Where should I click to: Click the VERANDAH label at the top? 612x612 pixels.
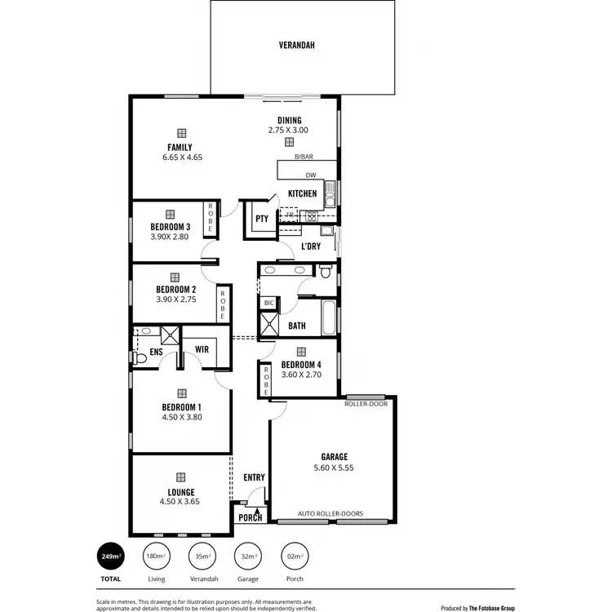tap(297, 46)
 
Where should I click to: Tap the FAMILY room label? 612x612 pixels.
tap(180, 148)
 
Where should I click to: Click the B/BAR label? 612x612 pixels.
tap(304, 157)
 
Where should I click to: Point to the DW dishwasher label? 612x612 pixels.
tap(310, 175)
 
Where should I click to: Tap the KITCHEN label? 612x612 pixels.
tap(302, 194)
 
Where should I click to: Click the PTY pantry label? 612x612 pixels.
tap(261, 219)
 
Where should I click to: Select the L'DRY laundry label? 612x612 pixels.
tap(310, 246)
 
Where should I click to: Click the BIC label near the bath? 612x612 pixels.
tap(268, 303)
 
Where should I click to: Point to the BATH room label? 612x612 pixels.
tap(297, 326)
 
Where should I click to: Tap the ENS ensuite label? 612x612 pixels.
tap(156, 353)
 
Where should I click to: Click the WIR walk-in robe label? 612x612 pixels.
tap(202, 350)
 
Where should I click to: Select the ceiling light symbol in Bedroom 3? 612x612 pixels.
tap(171, 214)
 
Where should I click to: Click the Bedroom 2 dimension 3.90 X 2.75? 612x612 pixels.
tap(175, 299)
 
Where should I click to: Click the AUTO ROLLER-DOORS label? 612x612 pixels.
tap(331, 514)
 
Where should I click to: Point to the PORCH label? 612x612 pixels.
tap(251, 517)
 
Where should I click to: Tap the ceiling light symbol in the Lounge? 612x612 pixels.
tap(181, 479)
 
